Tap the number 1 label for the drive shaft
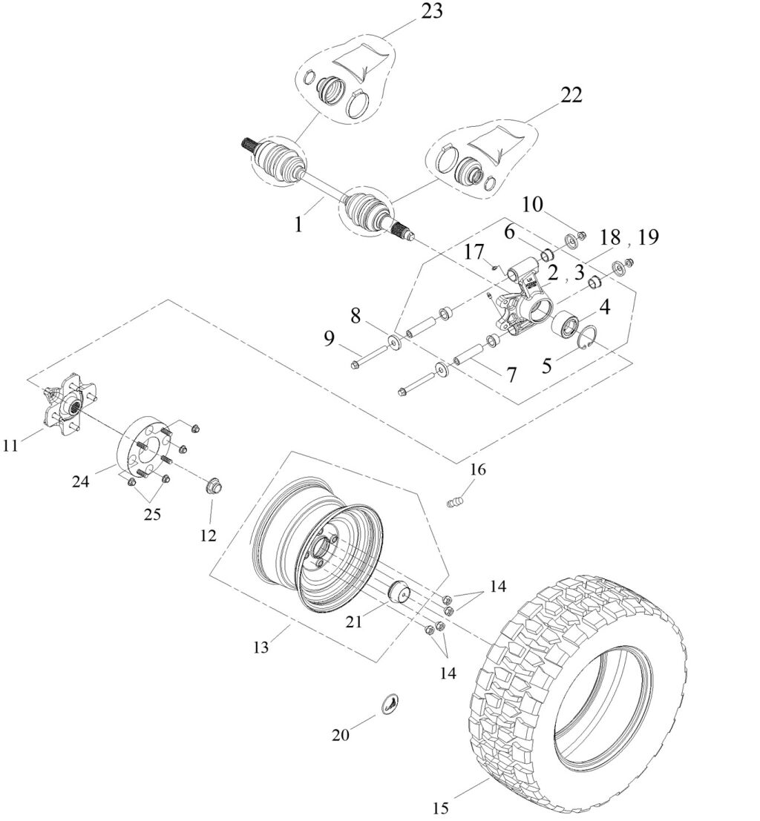(x=298, y=223)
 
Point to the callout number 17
(x=475, y=253)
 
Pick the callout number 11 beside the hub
(x=11, y=445)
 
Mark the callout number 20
(x=340, y=734)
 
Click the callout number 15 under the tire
(x=442, y=806)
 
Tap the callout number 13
(x=261, y=647)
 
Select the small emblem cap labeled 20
(x=390, y=705)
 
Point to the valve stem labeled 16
(x=454, y=504)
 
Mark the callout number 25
(x=151, y=513)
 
